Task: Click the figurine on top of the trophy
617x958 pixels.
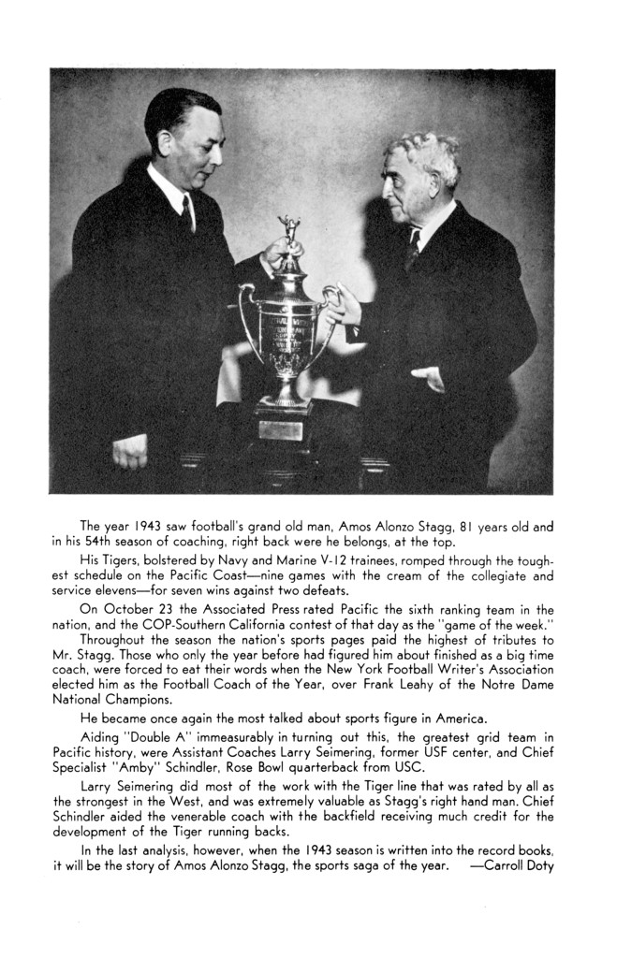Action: tap(289, 234)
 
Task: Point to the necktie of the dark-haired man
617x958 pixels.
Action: tap(188, 213)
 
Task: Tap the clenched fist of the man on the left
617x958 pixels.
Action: tap(130, 453)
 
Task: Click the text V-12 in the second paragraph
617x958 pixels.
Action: tap(342, 559)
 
